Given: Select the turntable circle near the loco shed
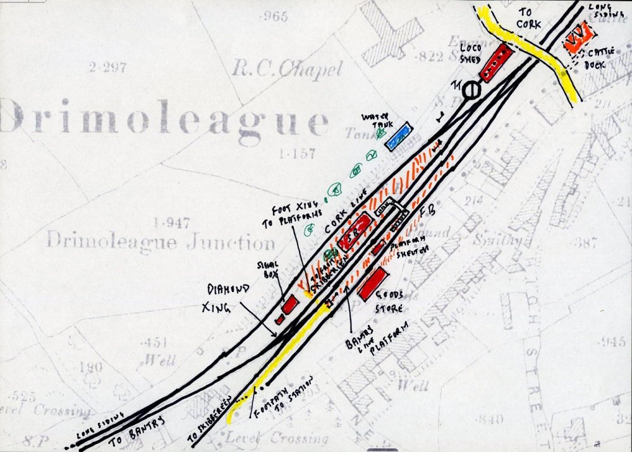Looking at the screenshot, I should click(x=471, y=90).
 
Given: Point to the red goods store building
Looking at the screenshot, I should click(x=372, y=283).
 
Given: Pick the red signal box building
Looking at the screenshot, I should click(x=289, y=305).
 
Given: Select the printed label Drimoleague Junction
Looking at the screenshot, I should click(x=161, y=241).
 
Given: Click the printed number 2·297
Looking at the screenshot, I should click(x=107, y=67).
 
